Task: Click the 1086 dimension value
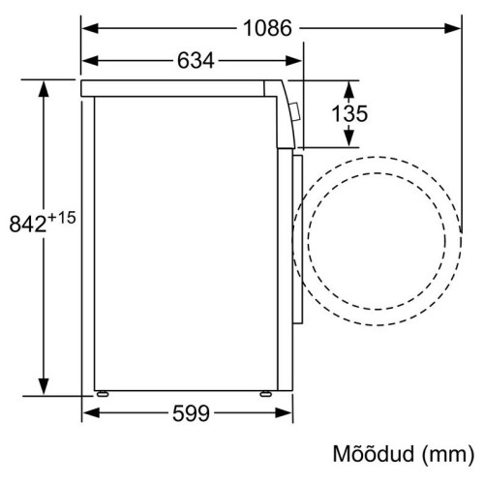click(267, 28)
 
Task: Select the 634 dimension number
click(196, 60)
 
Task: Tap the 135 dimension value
click(349, 113)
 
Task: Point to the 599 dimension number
click(191, 413)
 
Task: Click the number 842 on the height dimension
click(28, 224)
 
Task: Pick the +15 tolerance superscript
click(62, 218)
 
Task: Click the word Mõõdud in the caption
click(373, 454)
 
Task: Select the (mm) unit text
click(448, 455)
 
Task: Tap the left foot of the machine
click(103, 394)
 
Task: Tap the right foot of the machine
click(266, 394)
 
